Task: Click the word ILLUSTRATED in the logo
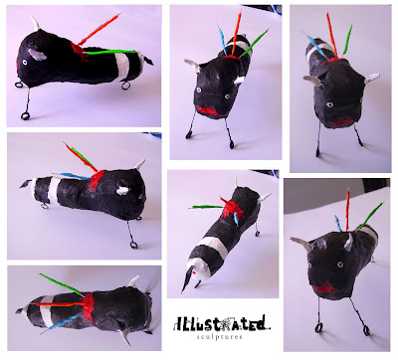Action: pyautogui.click(x=221, y=323)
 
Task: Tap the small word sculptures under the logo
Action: pyautogui.click(x=219, y=337)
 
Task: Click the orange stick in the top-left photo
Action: pyautogui.click(x=99, y=29)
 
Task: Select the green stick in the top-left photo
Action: pyautogui.click(x=110, y=52)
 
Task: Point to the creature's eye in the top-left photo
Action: pyautogui.click(x=25, y=62)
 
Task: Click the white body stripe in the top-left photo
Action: pyautogui.click(x=122, y=67)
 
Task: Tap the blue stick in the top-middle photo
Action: pyautogui.click(x=222, y=39)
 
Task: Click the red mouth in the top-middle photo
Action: pyautogui.click(x=208, y=110)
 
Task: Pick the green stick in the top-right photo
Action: pyautogui.click(x=347, y=39)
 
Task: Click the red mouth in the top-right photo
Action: pyautogui.click(x=341, y=123)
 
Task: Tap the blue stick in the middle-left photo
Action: pyautogui.click(x=74, y=176)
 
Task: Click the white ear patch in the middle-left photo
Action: pyautogui.click(x=122, y=190)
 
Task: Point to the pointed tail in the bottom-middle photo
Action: pyautogui.click(x=187, y=279)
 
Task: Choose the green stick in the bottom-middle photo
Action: pyautogui.click(x=206, y=207)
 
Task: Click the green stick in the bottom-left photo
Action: pyautogui.click(x=62, y=284)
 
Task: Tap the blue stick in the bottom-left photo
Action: pyautogui.click(x=62, y=322)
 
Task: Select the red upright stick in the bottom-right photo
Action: pyautogui.click(x=348, y=209)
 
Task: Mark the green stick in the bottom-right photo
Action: pyautogui.click(x=371, y=215)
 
